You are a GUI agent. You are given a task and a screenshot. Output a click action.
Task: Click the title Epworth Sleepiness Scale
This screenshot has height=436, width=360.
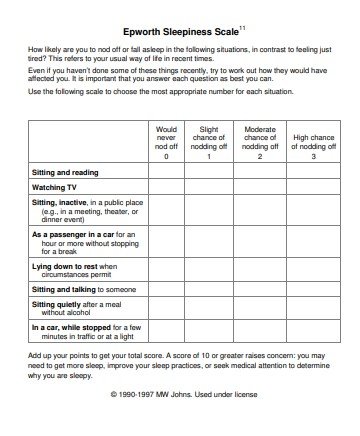177,32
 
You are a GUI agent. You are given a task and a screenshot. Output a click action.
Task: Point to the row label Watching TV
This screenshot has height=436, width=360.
56,188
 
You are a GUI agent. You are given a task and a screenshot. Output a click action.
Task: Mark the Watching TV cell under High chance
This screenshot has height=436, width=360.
312,188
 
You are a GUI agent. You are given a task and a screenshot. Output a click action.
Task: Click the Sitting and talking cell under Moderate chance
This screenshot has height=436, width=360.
259,288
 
